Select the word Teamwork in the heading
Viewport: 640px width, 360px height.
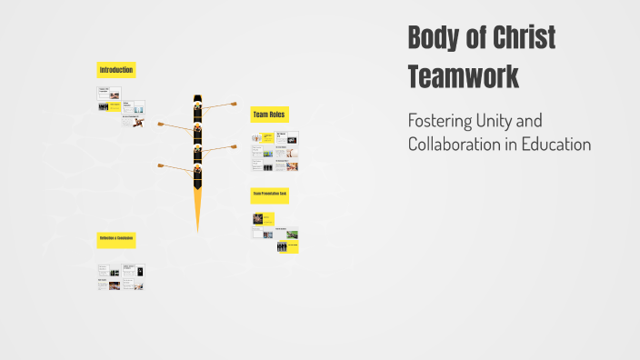463,76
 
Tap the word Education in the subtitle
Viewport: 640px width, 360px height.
556,144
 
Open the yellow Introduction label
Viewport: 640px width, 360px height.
116,70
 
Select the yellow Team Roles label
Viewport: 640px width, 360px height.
270,115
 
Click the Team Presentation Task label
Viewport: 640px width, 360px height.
270,194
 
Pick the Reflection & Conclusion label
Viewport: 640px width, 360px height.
116,239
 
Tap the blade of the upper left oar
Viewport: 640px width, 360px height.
161,124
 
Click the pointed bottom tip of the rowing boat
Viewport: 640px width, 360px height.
197,228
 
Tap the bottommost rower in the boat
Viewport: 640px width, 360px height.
197,170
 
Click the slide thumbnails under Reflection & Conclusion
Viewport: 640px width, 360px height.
122,277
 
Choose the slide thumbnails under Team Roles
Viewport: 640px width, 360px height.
275,152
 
